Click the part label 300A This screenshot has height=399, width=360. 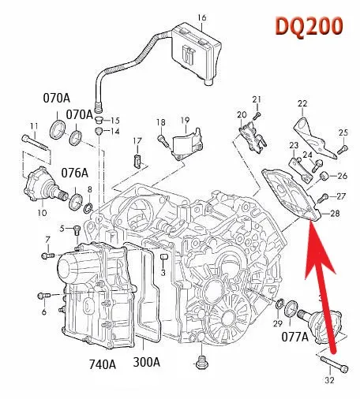147,364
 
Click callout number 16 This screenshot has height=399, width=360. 201,17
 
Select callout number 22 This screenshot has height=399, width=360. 302,104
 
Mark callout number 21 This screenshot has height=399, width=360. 256,99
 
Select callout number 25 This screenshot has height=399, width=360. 343,132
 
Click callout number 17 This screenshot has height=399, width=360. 137,141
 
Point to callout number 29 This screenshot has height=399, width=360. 277,324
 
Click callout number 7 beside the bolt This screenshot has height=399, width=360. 47,239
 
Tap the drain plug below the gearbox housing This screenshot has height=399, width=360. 201,364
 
